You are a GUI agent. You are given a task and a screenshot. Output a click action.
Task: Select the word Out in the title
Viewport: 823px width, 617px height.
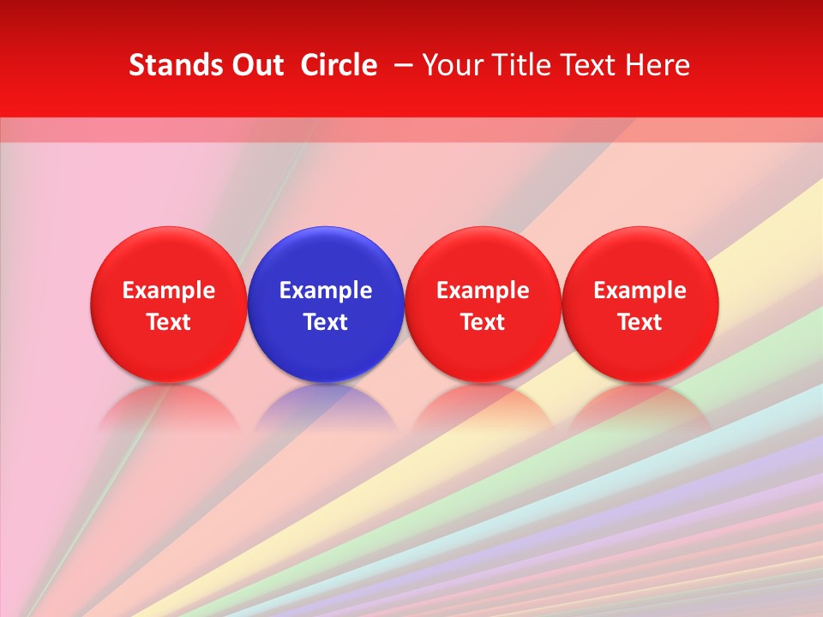pyautogui.click(x=255, y=65)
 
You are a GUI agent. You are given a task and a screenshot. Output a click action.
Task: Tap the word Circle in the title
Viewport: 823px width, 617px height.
pyautogui.click(x=339, y=65)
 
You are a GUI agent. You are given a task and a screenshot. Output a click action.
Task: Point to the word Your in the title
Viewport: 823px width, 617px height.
pyautogui.click(x=453, y=65)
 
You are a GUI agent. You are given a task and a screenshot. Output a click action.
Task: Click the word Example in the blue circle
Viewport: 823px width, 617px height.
pyautogui.click(x=325, y=291)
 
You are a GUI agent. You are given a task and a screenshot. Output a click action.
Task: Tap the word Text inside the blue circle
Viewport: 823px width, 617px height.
pyautogui.click(x=325, y=322)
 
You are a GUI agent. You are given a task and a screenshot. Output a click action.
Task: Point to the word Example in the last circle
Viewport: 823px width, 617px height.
pyautogui.click(x=640, y=291)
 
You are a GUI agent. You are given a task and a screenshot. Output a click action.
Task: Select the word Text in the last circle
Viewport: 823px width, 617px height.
pyautogui.click(x=640, y=322)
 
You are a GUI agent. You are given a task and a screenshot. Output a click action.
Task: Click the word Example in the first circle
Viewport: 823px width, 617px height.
pyautogui.click(x=168, y=291)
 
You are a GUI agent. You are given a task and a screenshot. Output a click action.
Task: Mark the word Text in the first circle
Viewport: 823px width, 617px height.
pyautogui.click(x=168, y=322)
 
